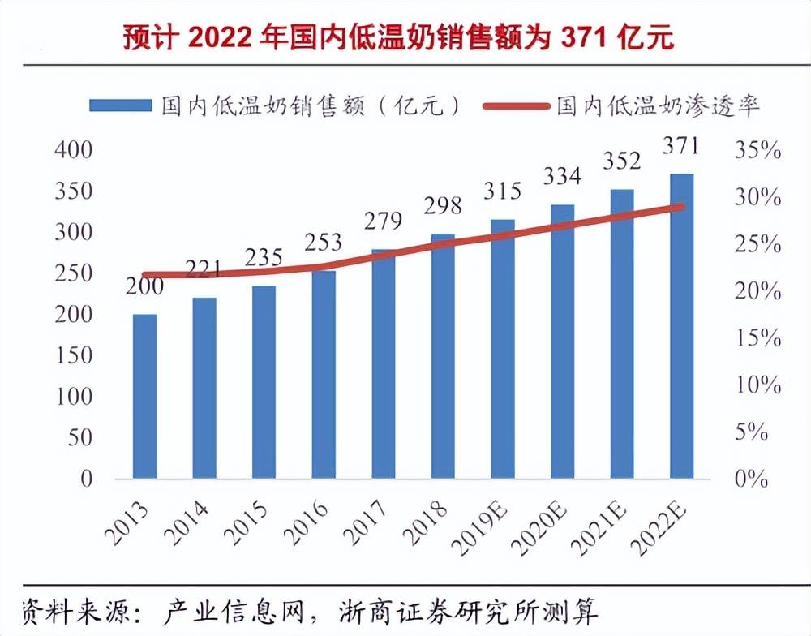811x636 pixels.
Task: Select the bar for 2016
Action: click(x=324, y=374)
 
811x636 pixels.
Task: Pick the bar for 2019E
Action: click(x=503, y=349)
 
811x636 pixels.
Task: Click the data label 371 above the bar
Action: click(x=681, y=147)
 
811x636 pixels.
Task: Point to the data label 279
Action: click(x=383, y=221)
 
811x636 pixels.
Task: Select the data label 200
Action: click(x=144, y=286)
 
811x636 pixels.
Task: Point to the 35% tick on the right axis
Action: click(x=757, y=151)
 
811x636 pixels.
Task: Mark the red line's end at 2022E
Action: click(x=681, y=207)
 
